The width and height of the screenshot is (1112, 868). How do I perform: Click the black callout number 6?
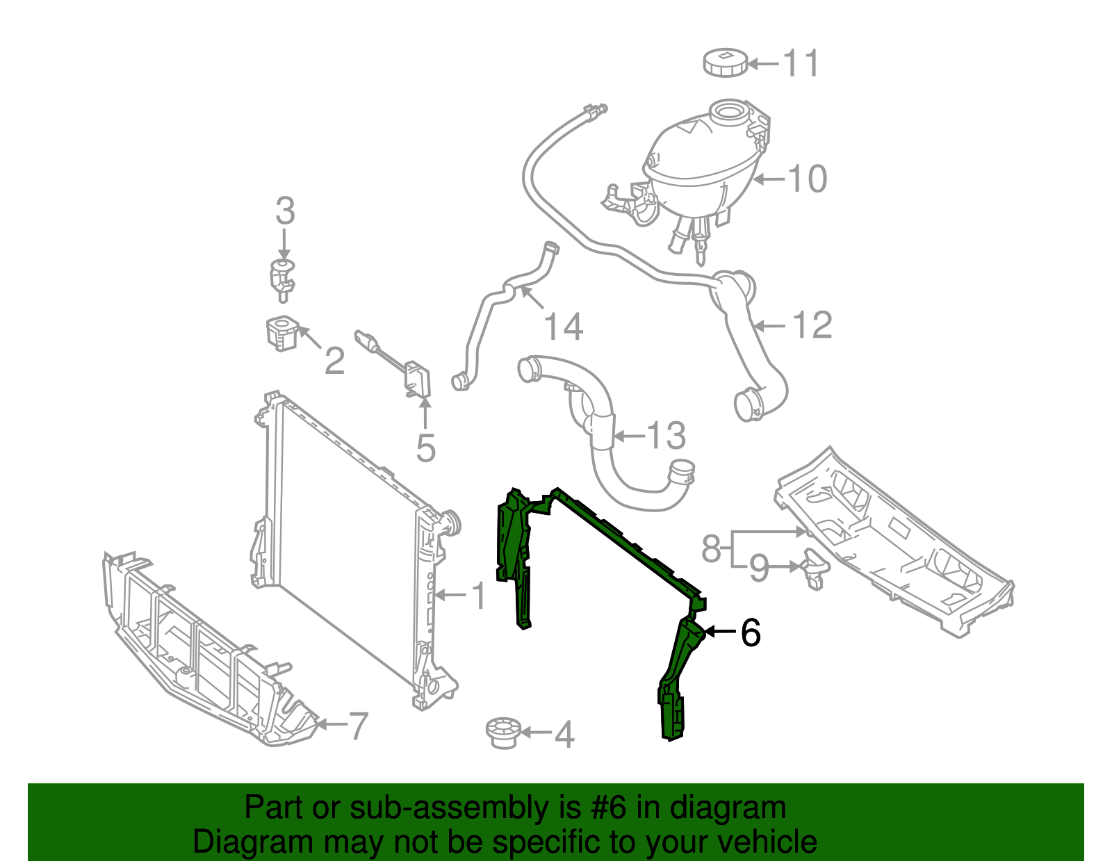751,632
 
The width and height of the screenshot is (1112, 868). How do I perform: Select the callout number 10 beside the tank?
808,179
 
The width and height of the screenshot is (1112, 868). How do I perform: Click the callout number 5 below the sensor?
425,448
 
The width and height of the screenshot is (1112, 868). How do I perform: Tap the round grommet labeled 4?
502,732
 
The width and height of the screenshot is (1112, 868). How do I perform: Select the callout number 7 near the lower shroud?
357,726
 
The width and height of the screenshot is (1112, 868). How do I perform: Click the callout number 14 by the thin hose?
563,327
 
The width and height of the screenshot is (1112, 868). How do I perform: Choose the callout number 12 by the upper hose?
812,325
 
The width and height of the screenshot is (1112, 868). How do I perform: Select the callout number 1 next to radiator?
480,596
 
